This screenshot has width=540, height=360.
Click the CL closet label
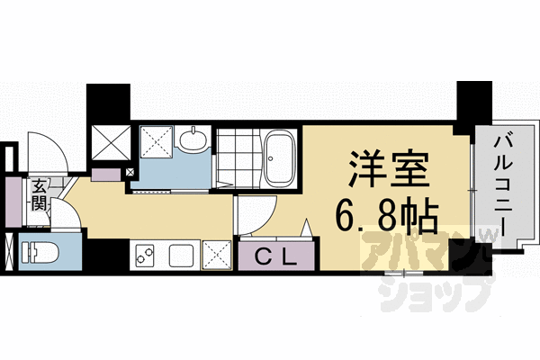(276, 256)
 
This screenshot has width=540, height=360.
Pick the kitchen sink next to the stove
(183, 256)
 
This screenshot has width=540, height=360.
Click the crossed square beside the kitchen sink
(218, 256)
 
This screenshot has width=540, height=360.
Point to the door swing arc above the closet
(256, 216)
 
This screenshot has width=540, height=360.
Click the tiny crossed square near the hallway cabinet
(130, 171)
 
